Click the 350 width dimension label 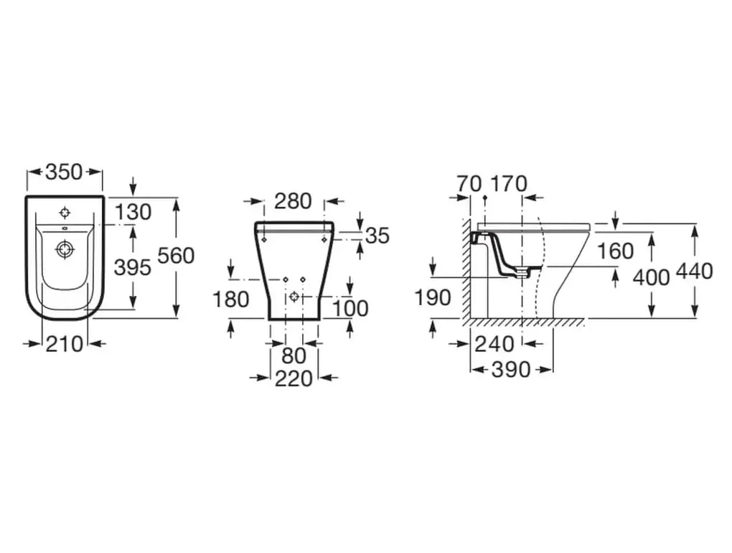(64, 172)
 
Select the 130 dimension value (133, 213)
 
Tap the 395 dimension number (133, 267)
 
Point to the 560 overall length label (176, 255)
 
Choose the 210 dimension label (64, 345)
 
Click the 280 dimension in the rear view (293, 201)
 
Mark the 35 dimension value (377, 235)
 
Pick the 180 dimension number (230, 299)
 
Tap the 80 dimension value (294, 355)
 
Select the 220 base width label (294, 378)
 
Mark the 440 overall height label (695, 271)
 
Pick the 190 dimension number (433, 297)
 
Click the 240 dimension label (494, 345)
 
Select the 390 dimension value (511, 371)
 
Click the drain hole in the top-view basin (65, 249)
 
